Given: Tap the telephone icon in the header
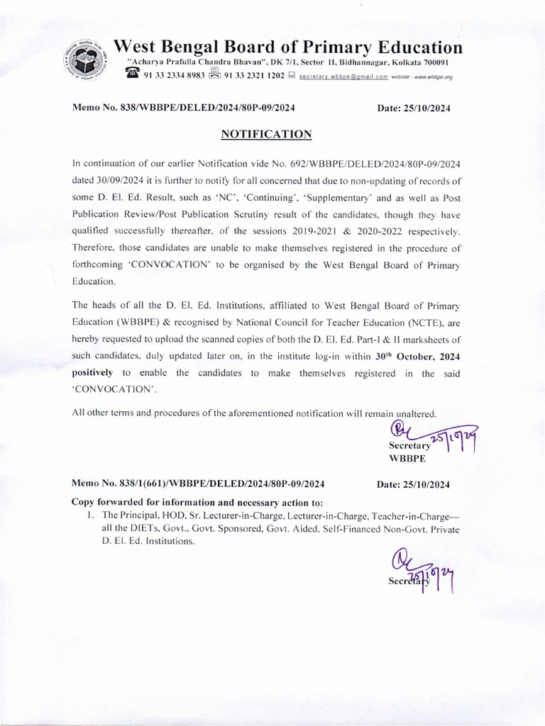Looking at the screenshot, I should pos(133,74).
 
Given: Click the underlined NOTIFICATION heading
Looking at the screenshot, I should pos(266,133).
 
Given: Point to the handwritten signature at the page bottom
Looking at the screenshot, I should pos(422,573).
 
